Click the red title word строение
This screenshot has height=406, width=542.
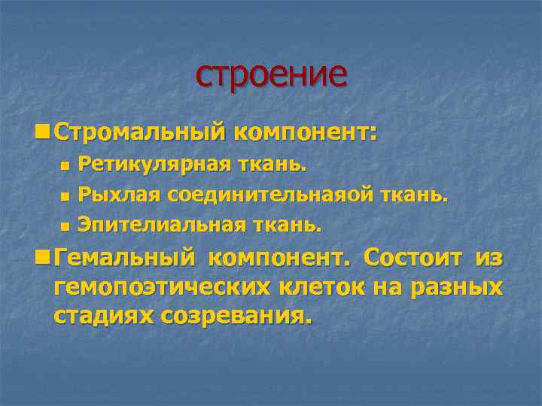tap(271, 74)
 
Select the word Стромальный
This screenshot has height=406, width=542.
tap(140, 133)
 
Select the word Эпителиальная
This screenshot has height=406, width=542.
tap(162, 224)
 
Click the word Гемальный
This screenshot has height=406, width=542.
tap(125, 257)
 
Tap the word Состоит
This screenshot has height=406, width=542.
tap(412, 257)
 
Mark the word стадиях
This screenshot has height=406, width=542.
tap(103, 316)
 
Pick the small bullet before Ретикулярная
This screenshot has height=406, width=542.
tap(64, 164)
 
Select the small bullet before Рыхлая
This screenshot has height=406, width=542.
tap(64, 195)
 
